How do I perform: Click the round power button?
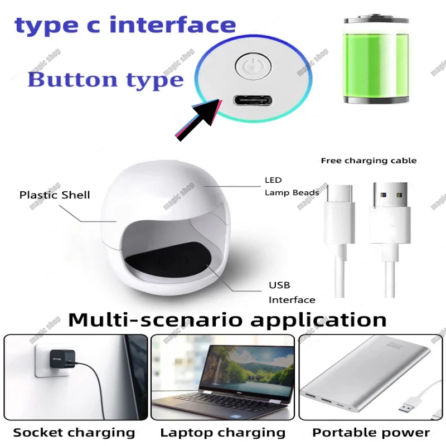click(x=253, y=66)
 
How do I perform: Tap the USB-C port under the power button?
click(x=253, y=100)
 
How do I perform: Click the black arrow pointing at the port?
click(x=197, y=119)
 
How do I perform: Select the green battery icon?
click(x=376, y=59)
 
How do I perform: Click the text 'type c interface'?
click(x=125, y=25)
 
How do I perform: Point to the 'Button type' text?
click(x=105, y=79)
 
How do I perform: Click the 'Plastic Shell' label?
click(x=55, y=195)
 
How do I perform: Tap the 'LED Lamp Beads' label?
click(x=292, y=186)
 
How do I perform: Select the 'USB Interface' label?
click(x=292, y=292)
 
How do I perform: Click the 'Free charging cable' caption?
click(x=369, y=161)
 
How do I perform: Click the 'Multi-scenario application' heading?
click(x=227, y=319)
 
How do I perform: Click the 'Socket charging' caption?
click(x=74, y=433)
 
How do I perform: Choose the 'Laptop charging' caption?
click(x=222, y=433)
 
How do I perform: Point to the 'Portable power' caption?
click(x=371, y=433)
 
